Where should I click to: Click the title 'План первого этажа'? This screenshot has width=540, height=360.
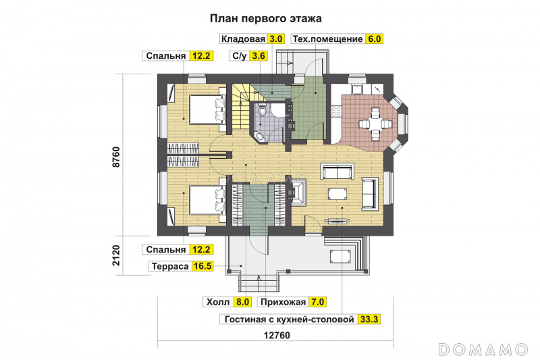[265, 18]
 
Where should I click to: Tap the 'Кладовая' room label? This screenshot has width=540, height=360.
[243, 38]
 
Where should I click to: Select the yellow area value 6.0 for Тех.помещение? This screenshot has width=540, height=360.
[375, 38]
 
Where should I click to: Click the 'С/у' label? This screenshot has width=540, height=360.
[240, 56]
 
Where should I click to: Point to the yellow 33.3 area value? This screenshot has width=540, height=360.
[369, 319]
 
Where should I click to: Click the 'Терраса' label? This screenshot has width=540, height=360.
[170, 266]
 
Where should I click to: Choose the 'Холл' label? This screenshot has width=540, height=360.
[218, 302]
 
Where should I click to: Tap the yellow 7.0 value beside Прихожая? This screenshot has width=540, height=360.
[317, 302]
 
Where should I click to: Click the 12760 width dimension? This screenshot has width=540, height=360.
[277, 335]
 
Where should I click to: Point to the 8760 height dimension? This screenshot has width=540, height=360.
[116, 157]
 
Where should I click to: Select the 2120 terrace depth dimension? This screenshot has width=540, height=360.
[116, 255]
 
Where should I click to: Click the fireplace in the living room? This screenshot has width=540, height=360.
[299, 193]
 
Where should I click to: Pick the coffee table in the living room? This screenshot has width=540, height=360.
[338, 193]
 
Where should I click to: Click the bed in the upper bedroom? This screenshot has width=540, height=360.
[207, 109]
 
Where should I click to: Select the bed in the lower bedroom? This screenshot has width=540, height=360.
[207, 200]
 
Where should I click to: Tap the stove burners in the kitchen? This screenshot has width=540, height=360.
[335, 111]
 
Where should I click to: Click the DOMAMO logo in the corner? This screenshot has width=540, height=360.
[483, 349]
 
